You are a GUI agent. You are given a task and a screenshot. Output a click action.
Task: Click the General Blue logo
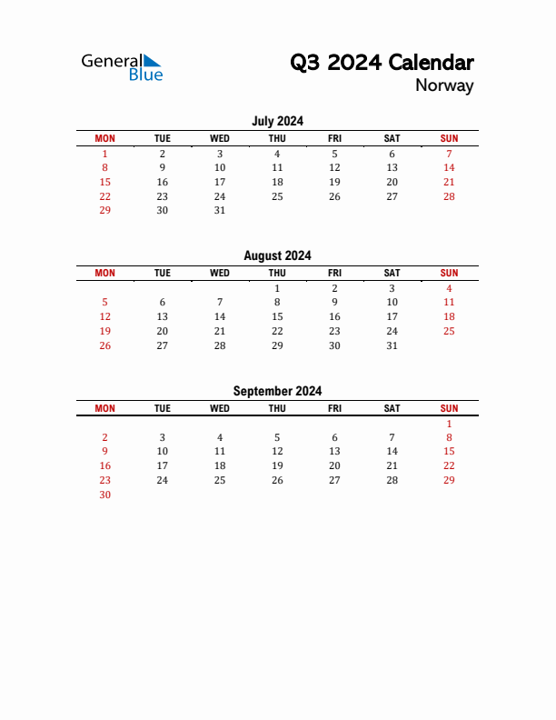pos(122,66)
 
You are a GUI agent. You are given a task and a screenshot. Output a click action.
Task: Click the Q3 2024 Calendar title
pos(382,63)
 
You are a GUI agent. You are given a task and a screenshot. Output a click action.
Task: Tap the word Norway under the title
pos(444,86)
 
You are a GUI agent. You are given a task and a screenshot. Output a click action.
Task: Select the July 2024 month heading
pos(277,121)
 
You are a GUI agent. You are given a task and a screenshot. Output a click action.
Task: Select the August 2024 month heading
pos(277,256)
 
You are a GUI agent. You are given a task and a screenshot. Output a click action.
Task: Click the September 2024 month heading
pos(277,391)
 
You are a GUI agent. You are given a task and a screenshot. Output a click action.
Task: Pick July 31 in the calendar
pos(220,210)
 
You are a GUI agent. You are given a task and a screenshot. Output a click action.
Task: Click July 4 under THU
pos(277,154)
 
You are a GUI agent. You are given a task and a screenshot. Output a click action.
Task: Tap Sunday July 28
pos(449,196)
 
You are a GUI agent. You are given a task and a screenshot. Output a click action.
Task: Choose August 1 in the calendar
pos(277,288)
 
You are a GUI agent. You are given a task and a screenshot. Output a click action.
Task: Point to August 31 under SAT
pos(392,345)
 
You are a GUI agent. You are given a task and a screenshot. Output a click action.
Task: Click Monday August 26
pos(104,345)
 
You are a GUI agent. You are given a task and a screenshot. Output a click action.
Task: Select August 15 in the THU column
pos(277,317)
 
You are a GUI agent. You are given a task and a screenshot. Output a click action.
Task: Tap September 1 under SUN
pos(449,424)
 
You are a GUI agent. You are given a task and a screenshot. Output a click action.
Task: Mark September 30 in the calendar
pos(104,495)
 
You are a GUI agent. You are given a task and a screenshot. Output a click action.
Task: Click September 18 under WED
pos(220,465)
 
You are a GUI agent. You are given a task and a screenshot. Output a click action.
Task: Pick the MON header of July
pos(104,138)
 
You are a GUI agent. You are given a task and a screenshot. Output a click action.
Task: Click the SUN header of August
pos(449,273)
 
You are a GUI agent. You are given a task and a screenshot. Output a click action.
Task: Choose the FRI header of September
pos(334,408)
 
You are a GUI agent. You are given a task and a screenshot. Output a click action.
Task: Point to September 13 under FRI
pos(334,451)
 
